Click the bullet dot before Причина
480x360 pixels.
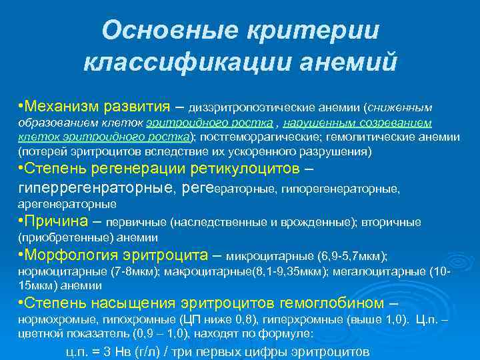(x=21, y=221)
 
